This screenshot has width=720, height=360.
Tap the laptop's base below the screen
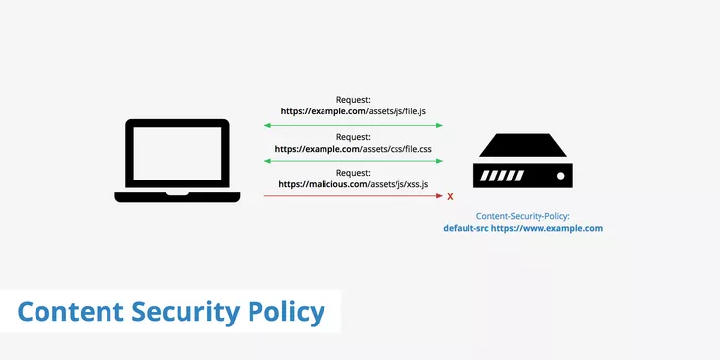[177, 196]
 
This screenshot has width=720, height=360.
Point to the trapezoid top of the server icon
[522, 149]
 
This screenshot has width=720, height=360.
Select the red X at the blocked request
[451, 197]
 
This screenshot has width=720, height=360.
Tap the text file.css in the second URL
[413, 149]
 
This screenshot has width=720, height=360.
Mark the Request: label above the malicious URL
[353, 173]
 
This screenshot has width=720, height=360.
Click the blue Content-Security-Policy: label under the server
[523, 215]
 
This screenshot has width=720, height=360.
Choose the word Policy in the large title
[286, 312]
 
